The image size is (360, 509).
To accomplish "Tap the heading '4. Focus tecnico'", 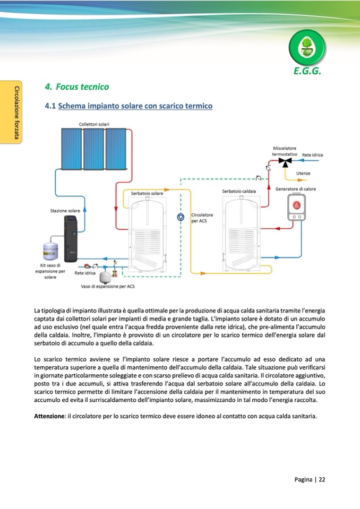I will (x=77, y=87).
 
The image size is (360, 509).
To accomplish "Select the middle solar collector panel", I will (x=96, y=150).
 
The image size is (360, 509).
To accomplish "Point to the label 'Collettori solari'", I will (x=95, y=124).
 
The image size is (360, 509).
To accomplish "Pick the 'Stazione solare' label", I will (x=65, y=211).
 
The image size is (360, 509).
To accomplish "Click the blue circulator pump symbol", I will (x=181, y=217).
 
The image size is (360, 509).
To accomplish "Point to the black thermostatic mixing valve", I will (x=287, y=160).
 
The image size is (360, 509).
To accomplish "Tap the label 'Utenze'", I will (x=304, y=174).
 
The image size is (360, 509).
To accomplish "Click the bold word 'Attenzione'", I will (x=49, y=416).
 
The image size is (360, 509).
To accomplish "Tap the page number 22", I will (x=322, y=479).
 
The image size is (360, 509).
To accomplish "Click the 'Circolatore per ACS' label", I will (x=202, y=218).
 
